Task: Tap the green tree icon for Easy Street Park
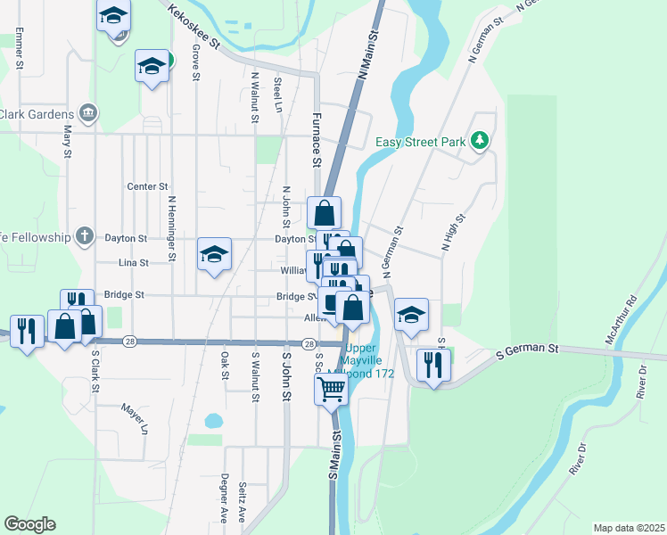480,141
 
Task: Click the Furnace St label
316,139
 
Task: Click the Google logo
29,524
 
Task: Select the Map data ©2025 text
629,528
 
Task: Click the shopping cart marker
331,388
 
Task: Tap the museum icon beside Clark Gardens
88,113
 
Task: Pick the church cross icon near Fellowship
85,237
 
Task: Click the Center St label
147,186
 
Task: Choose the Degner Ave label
225,498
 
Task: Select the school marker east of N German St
411,315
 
